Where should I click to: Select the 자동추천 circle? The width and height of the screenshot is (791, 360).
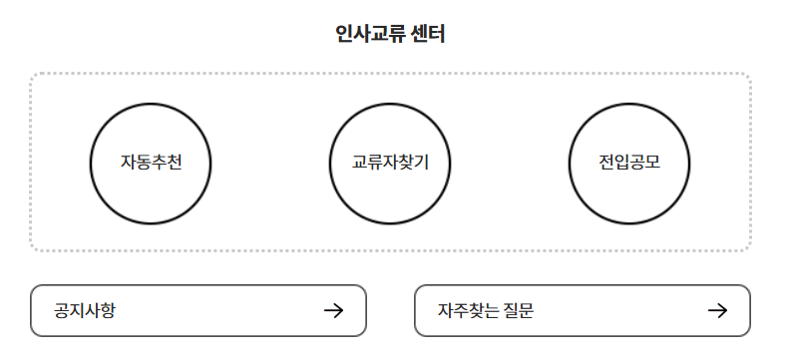(151, 162)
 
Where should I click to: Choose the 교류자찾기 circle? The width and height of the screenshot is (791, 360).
(390, 162)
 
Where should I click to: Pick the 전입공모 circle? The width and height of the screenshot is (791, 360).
(629, 162)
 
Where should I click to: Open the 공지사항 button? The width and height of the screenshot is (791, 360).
(198, 310)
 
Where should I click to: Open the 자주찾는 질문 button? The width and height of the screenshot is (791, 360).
(582, 310)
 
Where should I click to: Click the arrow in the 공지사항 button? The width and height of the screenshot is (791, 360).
(334, 310)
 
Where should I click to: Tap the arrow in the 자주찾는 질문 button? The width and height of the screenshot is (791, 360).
(717, 310)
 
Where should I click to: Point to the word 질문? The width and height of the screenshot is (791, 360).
(518, 310)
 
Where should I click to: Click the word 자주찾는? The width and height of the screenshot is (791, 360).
(468, 310)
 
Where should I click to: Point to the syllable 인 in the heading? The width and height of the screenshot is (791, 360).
(345, 35)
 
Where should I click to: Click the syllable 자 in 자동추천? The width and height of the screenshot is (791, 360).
(128, 162)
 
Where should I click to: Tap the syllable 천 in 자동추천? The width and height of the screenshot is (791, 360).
(174, 162)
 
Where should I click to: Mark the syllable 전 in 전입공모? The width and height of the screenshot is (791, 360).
(606, 162)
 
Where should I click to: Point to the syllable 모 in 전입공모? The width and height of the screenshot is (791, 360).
(652, 162)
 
